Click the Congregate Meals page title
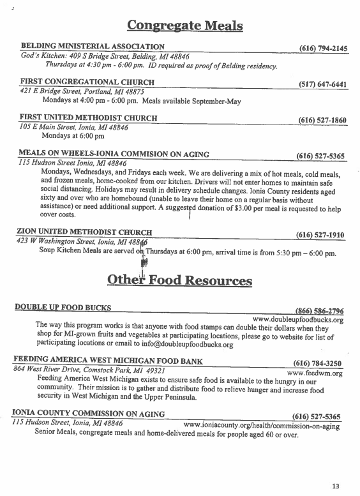pos(185,26)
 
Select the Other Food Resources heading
pos(179,280)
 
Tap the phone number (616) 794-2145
pos(323,49)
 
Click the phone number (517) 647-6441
pos(322,84)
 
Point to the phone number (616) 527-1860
pos(322,120)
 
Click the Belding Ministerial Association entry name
pos(93,47)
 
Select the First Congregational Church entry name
pos(87,82)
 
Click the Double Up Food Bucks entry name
pos(63,308)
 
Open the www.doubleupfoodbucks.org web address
pos(298,319)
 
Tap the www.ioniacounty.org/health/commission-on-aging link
pos(262,425)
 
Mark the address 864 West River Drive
pos(57,371)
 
